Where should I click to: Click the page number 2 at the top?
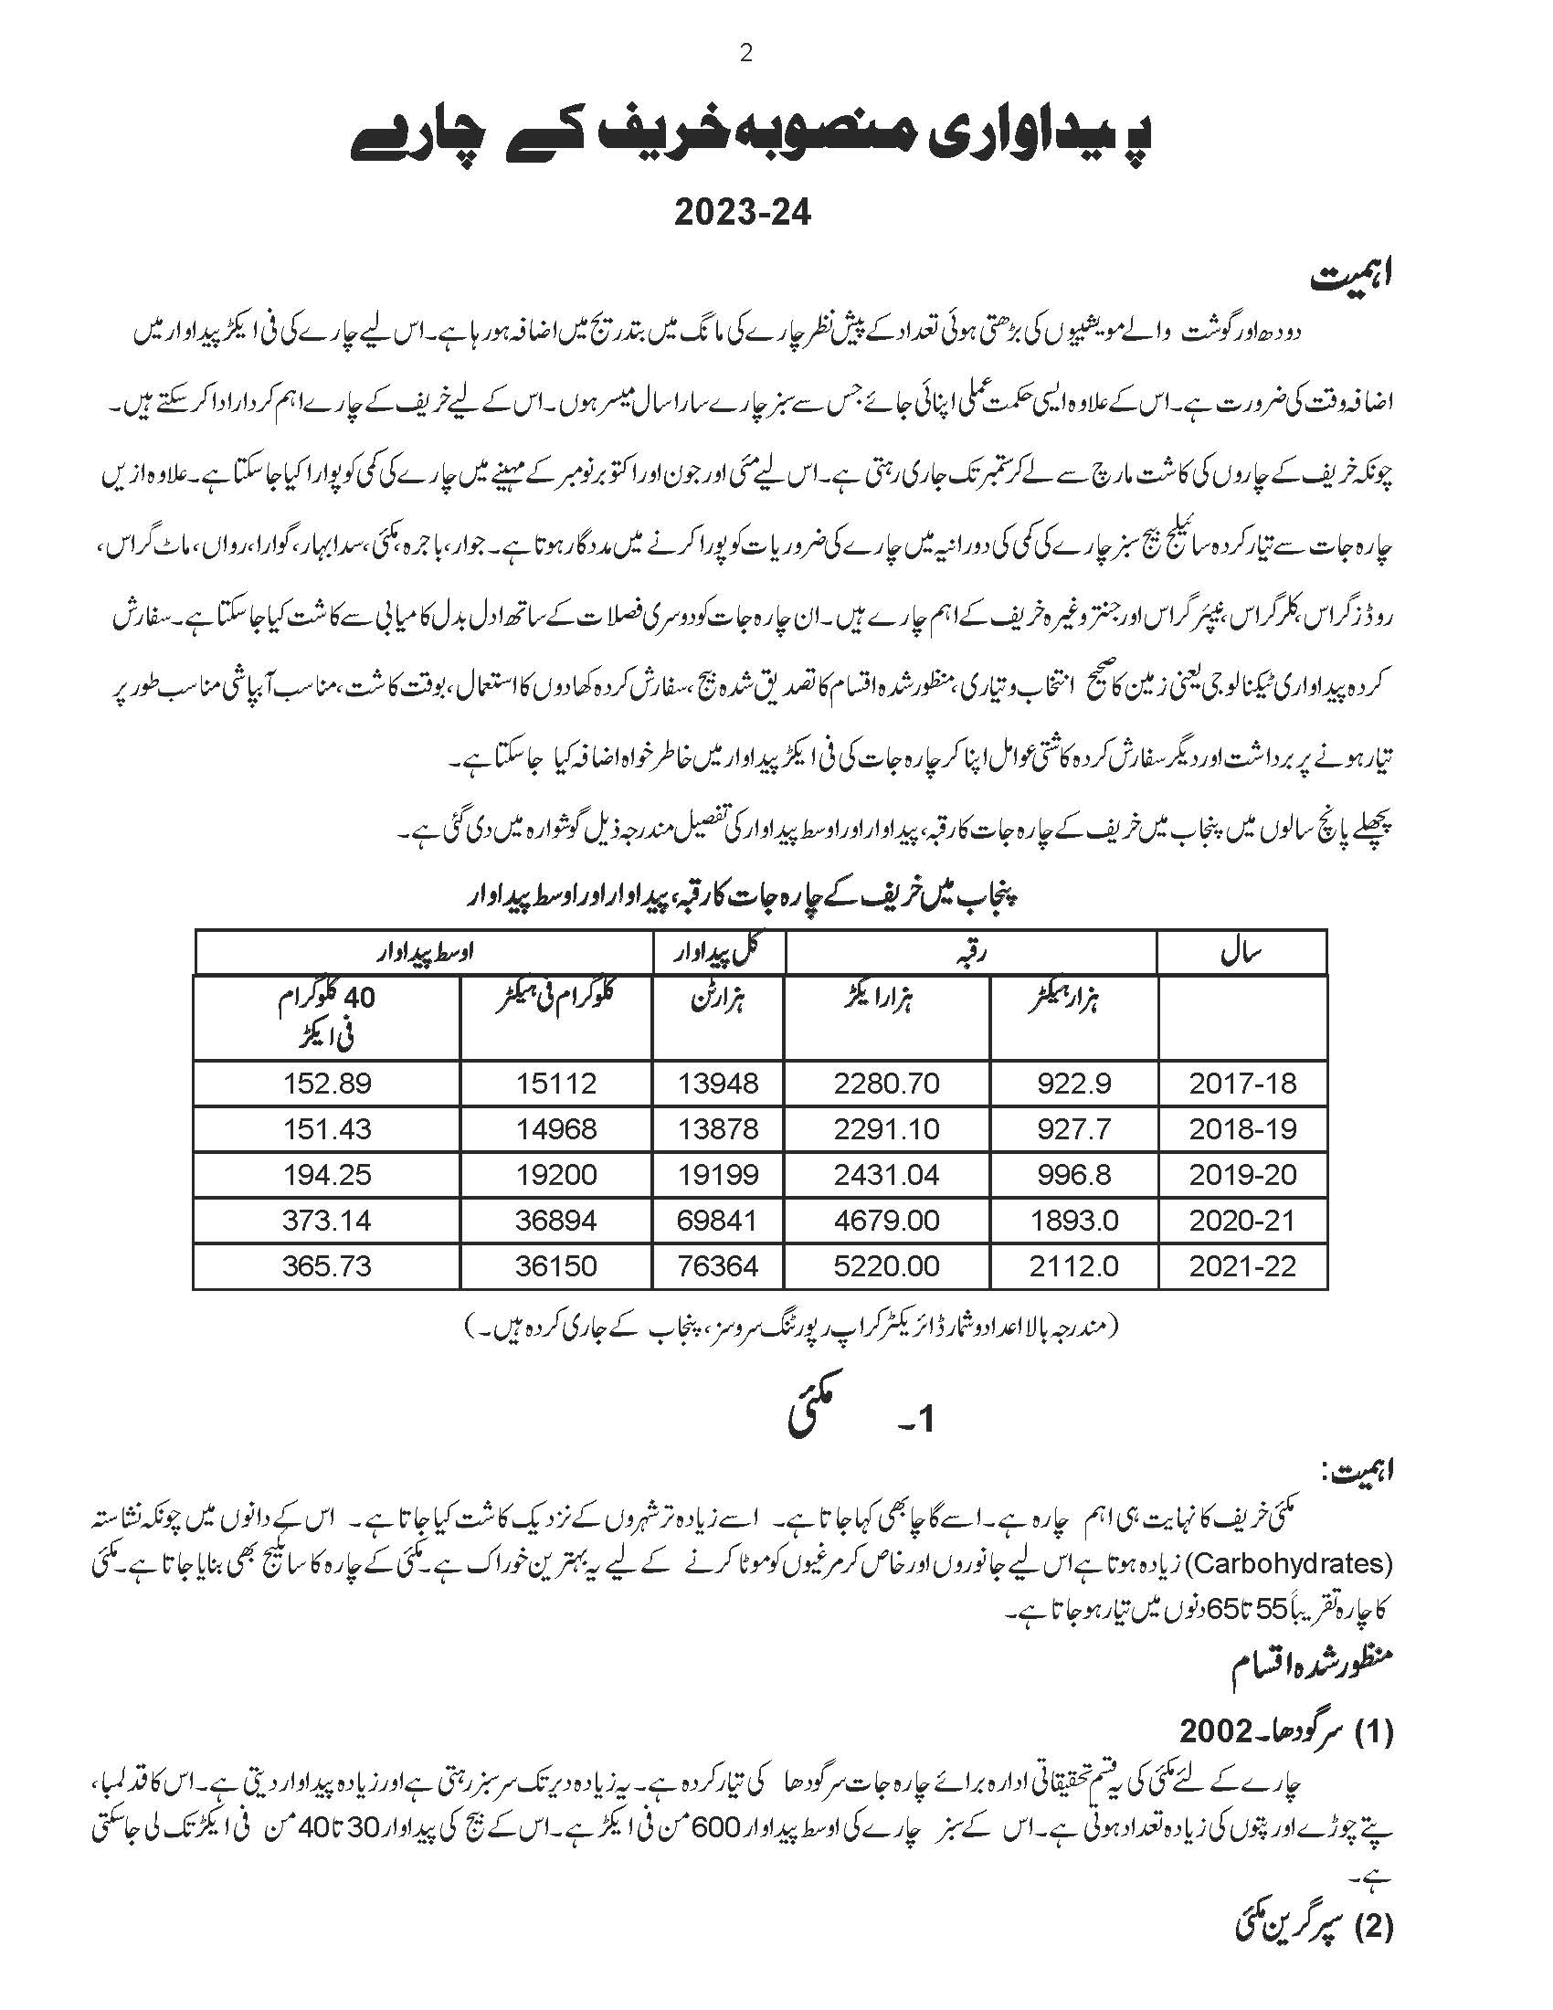click(x=745, y=53)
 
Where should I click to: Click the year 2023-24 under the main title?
click(x=744, y=213)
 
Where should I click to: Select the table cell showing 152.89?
click(x=327, y=1084)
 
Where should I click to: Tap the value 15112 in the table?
click(x=555, y=1084)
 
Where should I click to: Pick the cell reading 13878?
click(x=718, y=1129)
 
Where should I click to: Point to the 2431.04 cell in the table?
click(x=886, y=1175)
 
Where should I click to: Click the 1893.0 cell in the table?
click(x=1073, y=1222)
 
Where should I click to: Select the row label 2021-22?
click(x=1242, y=1266)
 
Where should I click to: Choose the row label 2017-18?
click(x=1242, y=1084)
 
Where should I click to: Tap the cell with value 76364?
click(x=718, y=1266)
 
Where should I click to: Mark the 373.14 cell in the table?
click(x=327, y=1222)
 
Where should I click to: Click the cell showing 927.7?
click(x=1073, y=1129)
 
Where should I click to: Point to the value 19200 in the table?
click(x=555, y=1175)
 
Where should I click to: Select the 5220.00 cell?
click(x=886, y=1266)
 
